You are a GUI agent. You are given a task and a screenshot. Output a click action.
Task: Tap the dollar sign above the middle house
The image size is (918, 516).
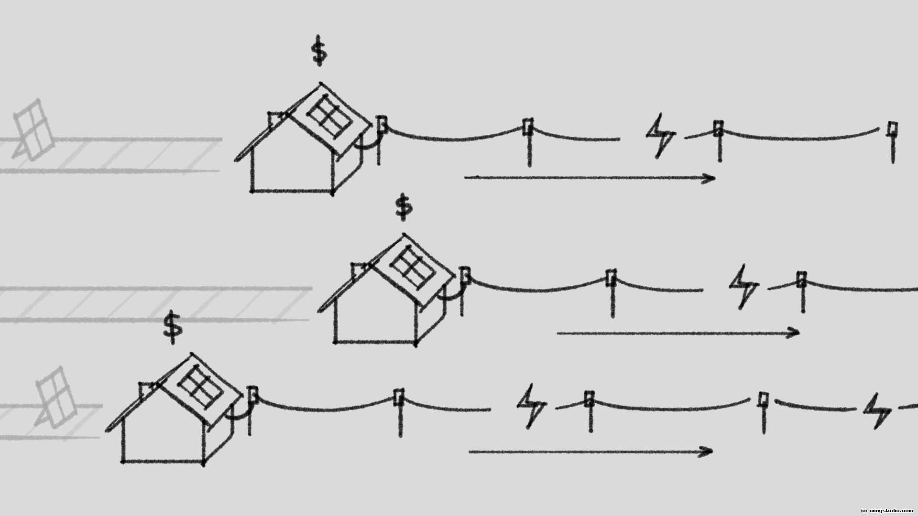tap(404, 207)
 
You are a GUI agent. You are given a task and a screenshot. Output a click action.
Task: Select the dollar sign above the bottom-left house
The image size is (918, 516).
tap(173, 327)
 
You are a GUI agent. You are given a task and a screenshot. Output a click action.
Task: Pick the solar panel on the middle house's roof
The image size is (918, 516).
tap(412, 267)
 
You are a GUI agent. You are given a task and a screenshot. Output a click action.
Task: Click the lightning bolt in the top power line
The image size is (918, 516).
tap(661, 136)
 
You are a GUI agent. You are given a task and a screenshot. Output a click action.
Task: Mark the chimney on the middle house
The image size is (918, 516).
tap(359, 271)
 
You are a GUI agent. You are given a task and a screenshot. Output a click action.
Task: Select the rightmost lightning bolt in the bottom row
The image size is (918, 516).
tap(878, 411)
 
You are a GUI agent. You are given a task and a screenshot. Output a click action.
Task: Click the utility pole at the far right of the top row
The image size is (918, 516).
tap(892, 141)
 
